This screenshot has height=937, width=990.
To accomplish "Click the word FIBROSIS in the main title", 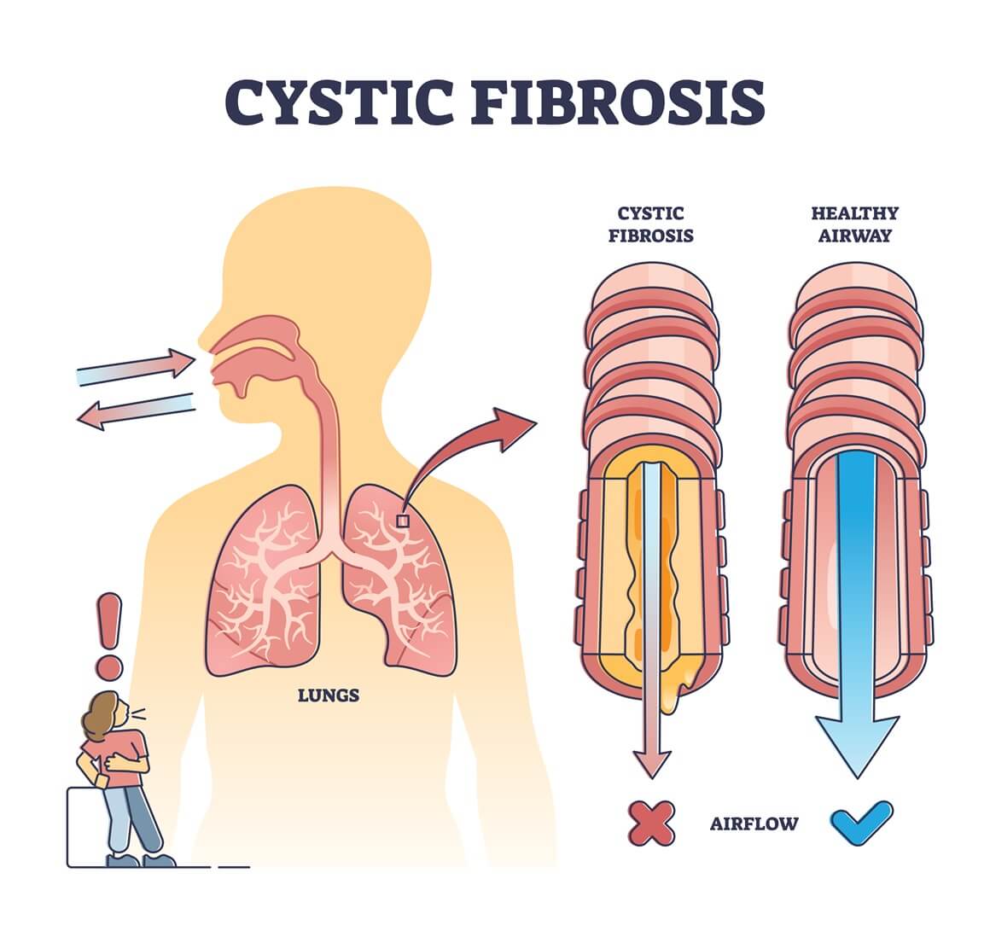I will (617, 102).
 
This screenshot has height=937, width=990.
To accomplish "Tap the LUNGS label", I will (328, 695).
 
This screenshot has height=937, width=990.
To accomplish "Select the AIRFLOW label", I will (754, 824).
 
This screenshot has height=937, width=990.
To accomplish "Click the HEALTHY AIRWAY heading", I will (854, 224).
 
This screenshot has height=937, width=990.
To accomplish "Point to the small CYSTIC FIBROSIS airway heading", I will (650, 224).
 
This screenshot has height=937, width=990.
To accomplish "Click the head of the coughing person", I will (103, 713).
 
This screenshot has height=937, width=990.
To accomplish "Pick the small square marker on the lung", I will (402, 520).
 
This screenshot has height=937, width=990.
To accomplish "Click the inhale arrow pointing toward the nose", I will (137, 366).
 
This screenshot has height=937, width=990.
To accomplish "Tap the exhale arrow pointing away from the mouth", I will (137, 410).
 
